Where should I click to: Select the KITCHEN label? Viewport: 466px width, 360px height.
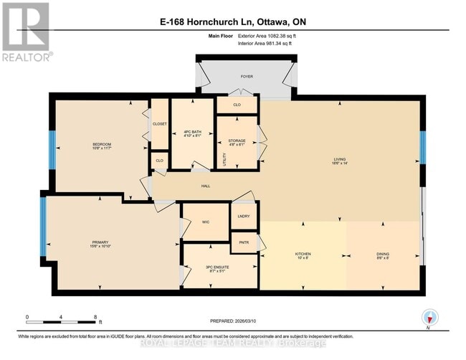tap(303, 254)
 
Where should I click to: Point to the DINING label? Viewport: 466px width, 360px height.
tap(383, 254)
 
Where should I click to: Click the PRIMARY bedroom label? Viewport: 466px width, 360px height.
tap(100, 242)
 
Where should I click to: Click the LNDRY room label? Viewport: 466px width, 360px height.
tap(243, 216)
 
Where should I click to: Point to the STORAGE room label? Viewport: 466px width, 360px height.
tap(237, 141)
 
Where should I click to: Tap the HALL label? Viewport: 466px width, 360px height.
tap(204, 184)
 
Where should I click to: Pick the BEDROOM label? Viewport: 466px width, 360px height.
tap(102, 145)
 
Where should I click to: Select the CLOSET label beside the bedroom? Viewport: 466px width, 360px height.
tap(159, 123)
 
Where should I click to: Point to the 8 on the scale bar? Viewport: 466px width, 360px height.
tap(95, 316)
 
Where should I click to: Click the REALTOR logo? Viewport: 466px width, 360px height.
tap(26, 32)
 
